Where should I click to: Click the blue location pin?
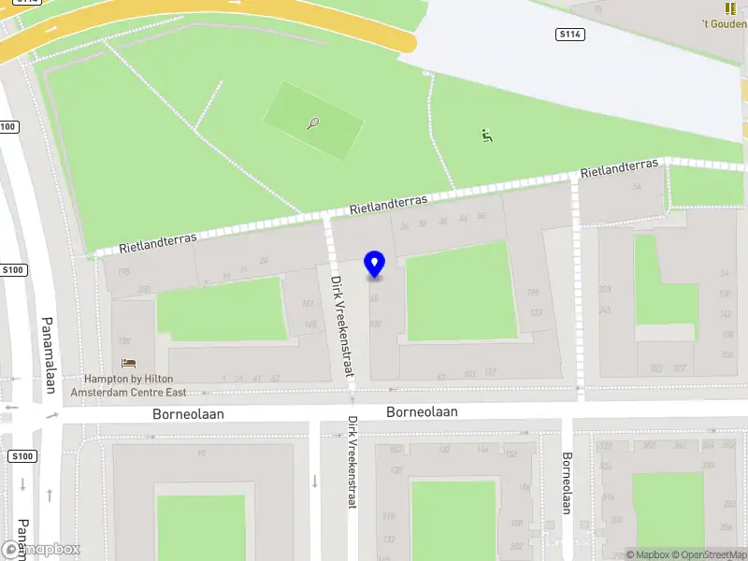[x=375, y=265]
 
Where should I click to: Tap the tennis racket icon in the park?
[x=312, y=122]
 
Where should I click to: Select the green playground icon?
[x=486, y=136]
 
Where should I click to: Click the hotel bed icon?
[x=128, y=363]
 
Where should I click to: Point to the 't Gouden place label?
[x=725, y=24]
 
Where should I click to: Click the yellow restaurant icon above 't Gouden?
[x=730, y=7]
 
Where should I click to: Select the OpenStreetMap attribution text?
[x=708, y=554]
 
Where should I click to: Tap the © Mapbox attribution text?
[x=646, y=554]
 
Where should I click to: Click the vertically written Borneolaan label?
[x=567, y=483]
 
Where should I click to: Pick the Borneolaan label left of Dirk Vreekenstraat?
[x=189, y=412]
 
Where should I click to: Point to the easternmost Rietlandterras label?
[x=619, y=168]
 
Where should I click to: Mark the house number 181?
[x=309, y=304]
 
